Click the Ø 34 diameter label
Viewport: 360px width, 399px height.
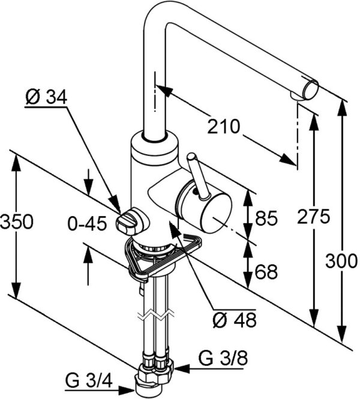click(46, 97)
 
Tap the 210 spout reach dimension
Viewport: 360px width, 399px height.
click(223, 127)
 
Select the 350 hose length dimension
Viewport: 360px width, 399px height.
click(17, 221)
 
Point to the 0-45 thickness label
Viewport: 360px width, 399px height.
click(87, 224)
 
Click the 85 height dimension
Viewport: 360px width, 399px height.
click(266, 218)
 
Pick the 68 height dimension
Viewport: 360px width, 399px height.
click(266, 272)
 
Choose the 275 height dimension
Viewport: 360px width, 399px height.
click(313, 217)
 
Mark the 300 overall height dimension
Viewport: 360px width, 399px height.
click(341, 261)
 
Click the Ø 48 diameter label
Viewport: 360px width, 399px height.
click(235, 320)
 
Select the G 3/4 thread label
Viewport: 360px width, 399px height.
click(89, 382)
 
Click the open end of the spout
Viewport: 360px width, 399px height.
click(310, 90)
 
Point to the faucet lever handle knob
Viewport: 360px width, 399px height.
click(191, 157)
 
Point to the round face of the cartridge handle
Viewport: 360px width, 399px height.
click(216, 213)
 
